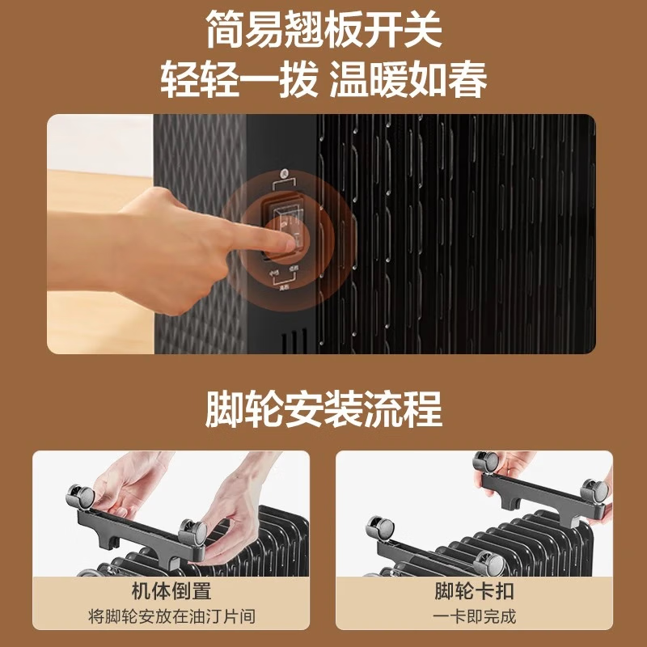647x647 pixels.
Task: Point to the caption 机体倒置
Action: pyautogui.click(x=171, y=591)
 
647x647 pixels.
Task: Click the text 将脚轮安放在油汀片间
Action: pyautogui.click(x=171, y=616)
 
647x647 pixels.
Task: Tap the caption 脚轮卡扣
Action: pyautogui.click(x=474, y=591)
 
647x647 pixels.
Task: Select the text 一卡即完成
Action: pyautogui.click(x=474, y=616)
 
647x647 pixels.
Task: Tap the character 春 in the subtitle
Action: pyautogui.click(x=468, y=82)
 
